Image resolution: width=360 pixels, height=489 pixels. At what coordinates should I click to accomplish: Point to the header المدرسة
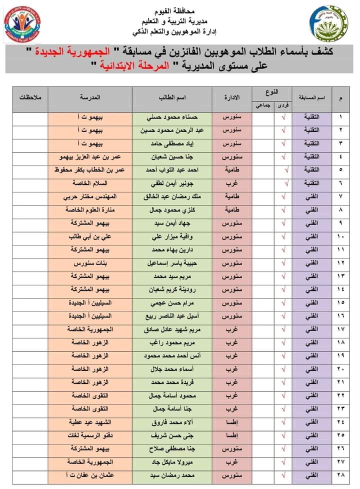(x=90, y=96)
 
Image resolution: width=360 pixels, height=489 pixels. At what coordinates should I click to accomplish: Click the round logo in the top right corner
(x=326, y=23)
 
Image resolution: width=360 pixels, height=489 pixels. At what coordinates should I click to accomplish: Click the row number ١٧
(x=341, y=329)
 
